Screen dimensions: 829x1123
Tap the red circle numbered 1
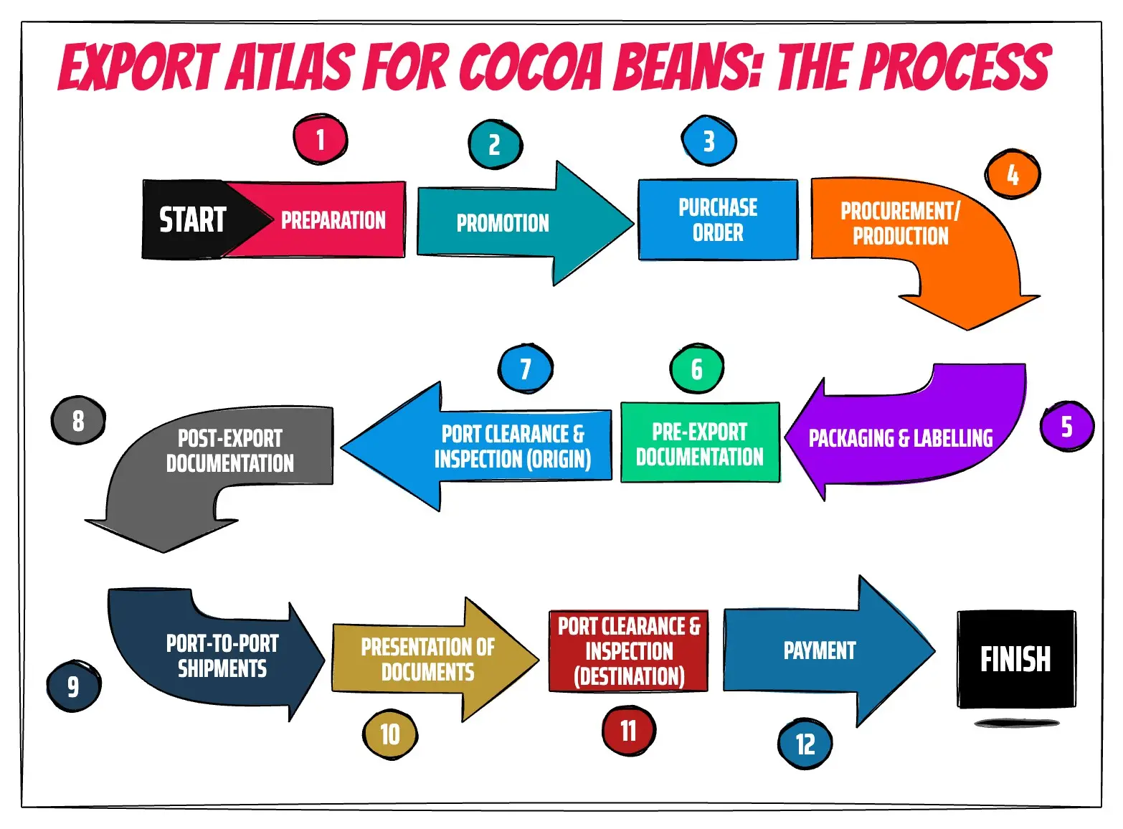(x=320, y=139)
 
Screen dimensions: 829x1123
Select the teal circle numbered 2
(x=495, y=145)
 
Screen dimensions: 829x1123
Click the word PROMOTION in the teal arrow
(x=503, y=224)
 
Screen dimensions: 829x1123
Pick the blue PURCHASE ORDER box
(x=718, y=219)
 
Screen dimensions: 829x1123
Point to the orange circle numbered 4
(x=1013, y=174)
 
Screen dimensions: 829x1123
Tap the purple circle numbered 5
(x=1066, y=427)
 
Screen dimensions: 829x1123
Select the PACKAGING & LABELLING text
(x=901, y=438)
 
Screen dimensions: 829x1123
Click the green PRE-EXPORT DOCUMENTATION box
(x=700, y=444)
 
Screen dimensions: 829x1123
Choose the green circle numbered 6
(x=696, y=369)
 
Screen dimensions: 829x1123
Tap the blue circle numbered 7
(x=526, y=369)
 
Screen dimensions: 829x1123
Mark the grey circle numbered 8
(x=78, y=421)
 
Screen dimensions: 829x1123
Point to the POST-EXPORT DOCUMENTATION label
(x=230, y=451)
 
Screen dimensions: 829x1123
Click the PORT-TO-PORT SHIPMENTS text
(x=222, y=656)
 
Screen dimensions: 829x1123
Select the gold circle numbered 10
(x=390, y=734)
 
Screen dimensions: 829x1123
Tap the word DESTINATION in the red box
(x=630, y=676)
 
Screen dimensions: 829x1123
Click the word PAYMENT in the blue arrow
(x=820, y=650)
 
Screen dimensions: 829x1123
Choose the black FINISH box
(x=1015, y=659)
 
